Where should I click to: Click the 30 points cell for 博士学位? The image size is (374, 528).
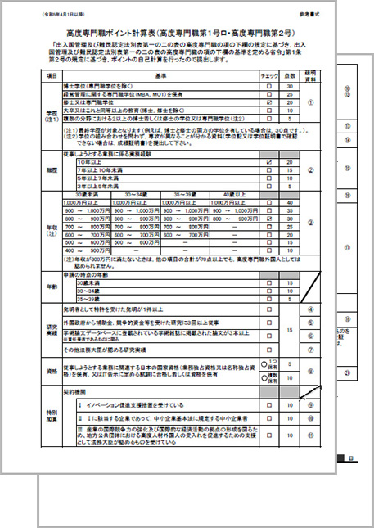tap(289, 86)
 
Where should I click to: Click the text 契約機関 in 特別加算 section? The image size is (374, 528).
tap(88, 392)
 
